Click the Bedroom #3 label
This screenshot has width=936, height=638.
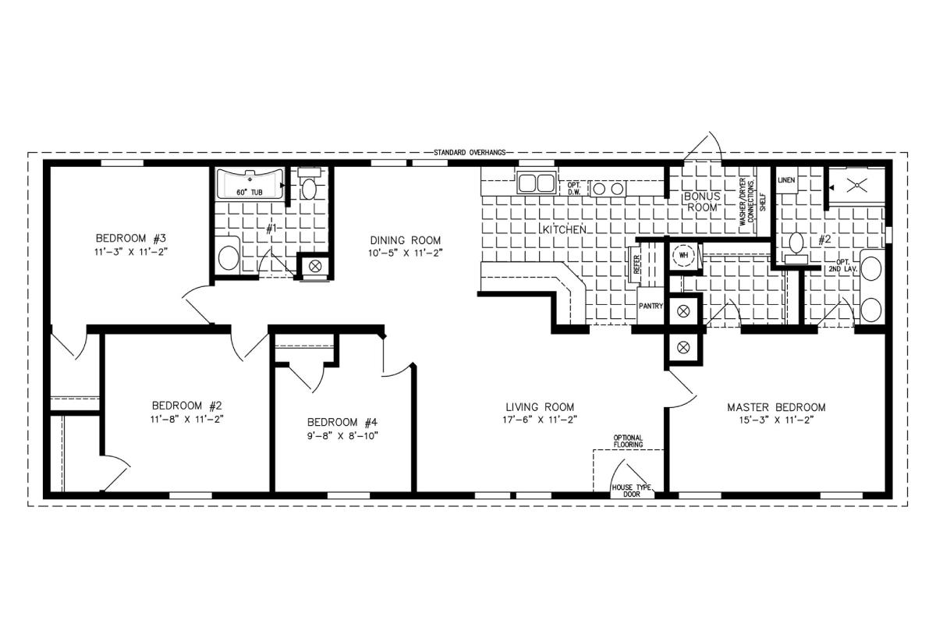(x=131, y=238)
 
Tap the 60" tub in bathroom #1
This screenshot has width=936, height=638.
(x=250, y=184)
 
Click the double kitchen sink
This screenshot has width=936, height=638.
(x=537, y=183)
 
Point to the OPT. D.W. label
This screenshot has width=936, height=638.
(x=574, y=189)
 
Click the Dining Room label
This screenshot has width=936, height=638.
(x=406, y=240)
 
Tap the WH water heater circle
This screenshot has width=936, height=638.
(x=683, y=255)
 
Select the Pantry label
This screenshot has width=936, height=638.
(x=651, y=306)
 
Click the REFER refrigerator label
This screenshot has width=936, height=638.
(x=636, y=264)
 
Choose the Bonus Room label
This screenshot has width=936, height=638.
(x=702, y=201)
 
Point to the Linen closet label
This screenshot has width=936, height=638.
(x=786, y=180)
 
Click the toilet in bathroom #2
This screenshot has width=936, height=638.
(x=796, y=248)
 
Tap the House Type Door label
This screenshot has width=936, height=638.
(x=631, y=491)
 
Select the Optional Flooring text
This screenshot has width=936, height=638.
(x=628, y=441)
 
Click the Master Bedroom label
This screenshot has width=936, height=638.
(x=776, y=407)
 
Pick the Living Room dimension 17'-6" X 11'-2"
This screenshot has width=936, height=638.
(x=540, y=420)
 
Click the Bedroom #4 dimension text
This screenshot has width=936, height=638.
(x=342, y=436)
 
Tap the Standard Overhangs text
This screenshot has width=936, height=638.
(x=470, y=153)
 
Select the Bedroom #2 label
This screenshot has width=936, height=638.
(x=186, y=406)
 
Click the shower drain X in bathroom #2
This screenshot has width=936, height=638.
(x=856, y=185)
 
